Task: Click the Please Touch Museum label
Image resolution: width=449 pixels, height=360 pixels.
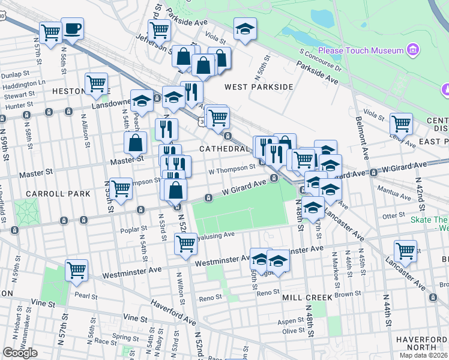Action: click(361, 50)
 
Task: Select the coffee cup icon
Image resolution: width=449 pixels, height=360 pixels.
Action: click(73, 29)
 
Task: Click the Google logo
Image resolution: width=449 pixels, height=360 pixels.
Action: click(20, 353)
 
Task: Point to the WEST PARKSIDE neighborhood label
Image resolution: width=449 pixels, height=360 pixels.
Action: click(259, 87)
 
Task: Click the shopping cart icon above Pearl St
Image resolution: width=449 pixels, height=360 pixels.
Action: click(77, 270)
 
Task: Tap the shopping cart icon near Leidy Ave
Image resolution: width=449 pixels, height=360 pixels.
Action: click(401, 124)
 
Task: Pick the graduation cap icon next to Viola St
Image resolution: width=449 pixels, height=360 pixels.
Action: click(244, 29)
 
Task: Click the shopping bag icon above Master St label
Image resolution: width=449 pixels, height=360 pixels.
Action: click(136, 143)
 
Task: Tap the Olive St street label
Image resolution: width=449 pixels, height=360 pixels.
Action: click(294, 331)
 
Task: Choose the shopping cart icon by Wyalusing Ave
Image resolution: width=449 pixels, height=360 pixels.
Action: click(185, 244)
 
